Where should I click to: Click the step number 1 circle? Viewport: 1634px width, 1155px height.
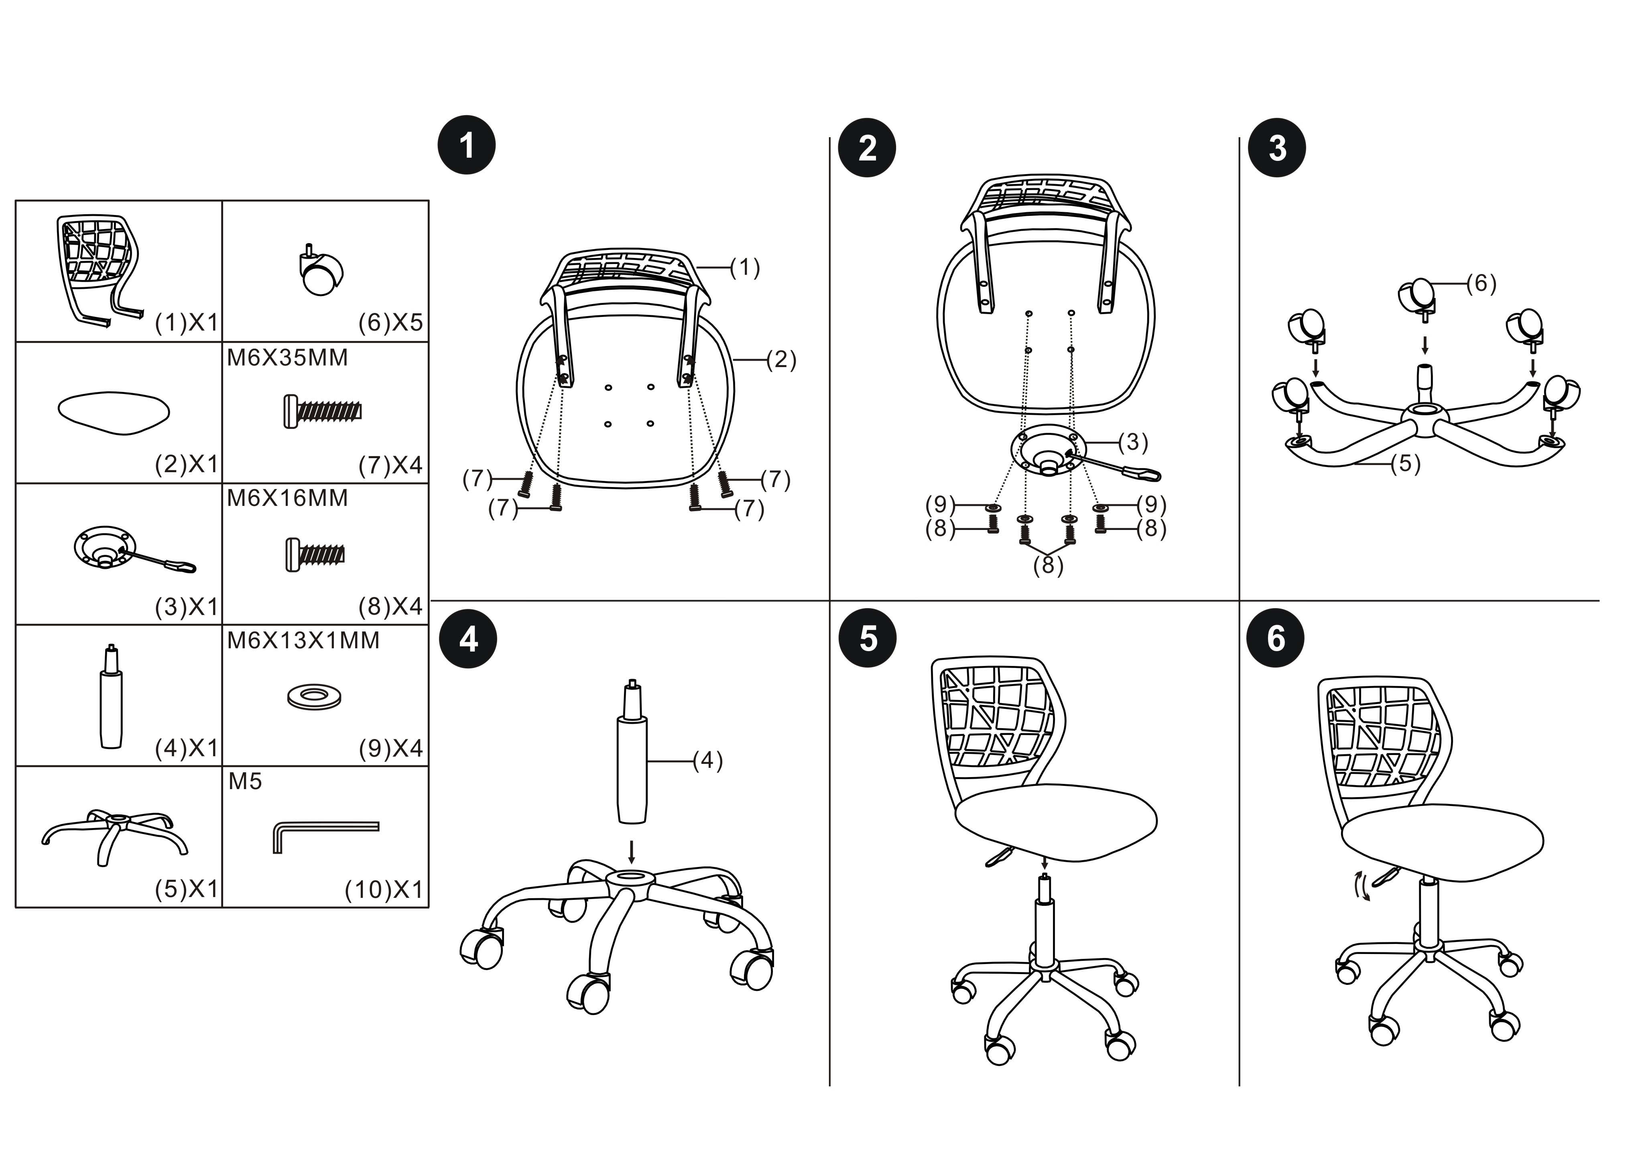tap(466, 145)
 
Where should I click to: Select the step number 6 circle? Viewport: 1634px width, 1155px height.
tap(1276, 638)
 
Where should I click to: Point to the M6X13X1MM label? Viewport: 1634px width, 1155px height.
tap(303, 640)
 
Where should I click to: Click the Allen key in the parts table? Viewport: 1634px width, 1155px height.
tap(325, 836)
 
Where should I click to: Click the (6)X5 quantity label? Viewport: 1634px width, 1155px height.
tap(391, 323)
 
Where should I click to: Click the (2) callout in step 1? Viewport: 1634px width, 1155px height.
tap(781, 360)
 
